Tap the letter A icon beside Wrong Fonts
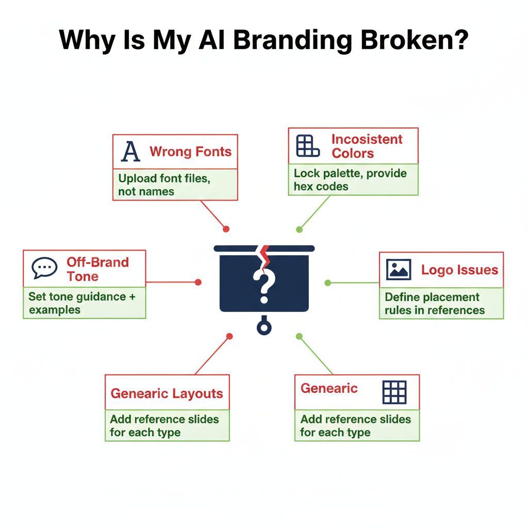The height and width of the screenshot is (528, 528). click(x=130, y=152)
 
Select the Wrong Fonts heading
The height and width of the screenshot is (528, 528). click(x=190, y=152)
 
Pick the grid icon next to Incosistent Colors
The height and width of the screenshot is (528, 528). click(x=308, y=146)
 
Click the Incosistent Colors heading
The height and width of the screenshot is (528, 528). click(x=367, y=146)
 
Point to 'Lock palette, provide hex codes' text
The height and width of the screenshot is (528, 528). click(x=350, y=180)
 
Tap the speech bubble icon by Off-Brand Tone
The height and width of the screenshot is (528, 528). click(x=44, y=269)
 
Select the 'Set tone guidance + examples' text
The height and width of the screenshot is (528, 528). click(x=77, y=303)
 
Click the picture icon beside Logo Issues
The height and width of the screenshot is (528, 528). click(x=399, y=270)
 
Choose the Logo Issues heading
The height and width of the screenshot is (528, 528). click(x=459, y=270)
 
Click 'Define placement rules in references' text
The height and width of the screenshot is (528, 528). click(x=435, y=304)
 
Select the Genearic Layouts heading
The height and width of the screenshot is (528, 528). click(x=167, y=393)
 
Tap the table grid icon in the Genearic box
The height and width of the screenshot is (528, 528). click(x=394, y=392)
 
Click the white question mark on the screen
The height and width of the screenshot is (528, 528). click(x=263, y=287)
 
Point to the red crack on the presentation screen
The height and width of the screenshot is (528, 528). click(x=265, y=258)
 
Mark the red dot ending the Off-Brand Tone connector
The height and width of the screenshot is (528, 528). click(x=198, y=282)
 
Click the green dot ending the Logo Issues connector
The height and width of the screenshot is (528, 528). click(x=327, y=283)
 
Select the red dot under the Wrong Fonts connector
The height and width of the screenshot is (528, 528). click(x=226, y=229)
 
